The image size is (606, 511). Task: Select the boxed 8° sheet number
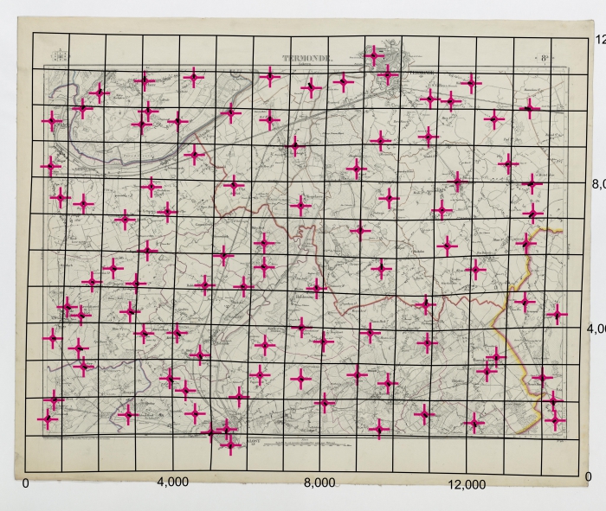click(545, 59)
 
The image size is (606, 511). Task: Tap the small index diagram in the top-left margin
click(59, 58)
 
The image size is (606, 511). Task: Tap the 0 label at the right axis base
click(589, 476)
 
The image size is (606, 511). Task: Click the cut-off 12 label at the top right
click(597, 39)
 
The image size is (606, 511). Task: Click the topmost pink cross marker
click(373, 56)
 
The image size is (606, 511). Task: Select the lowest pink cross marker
click(230, 444)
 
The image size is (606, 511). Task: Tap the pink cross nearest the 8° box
click(528, 108)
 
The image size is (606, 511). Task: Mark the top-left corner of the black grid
click(33, 34)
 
